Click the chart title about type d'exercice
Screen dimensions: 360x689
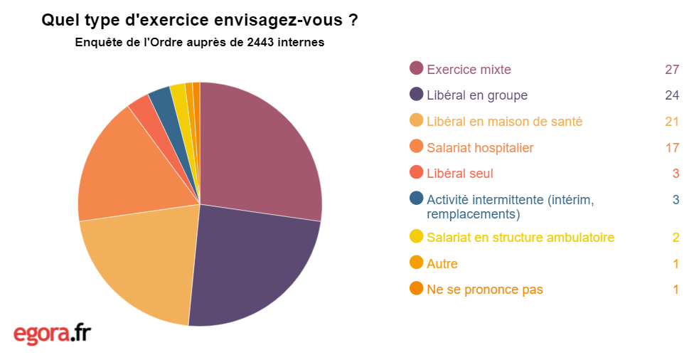[200, 21]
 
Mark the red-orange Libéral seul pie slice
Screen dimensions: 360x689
[143, 110]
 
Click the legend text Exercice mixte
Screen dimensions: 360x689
[469, 69]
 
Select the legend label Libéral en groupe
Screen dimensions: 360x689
[477, 95]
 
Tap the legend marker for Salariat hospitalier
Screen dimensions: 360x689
[417, 147]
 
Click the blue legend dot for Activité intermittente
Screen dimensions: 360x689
[417, 198]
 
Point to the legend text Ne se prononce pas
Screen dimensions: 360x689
[485, 290]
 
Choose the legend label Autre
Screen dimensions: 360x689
[442, 264]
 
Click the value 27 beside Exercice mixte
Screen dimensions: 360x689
[673, 69]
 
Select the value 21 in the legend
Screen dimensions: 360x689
[673, 122]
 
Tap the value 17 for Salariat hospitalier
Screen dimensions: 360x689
[673, 148]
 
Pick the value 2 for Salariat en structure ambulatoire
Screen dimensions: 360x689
[675, 237]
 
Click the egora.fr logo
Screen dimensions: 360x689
[52, 333]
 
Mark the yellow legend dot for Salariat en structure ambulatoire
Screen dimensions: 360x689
[417, 235]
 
